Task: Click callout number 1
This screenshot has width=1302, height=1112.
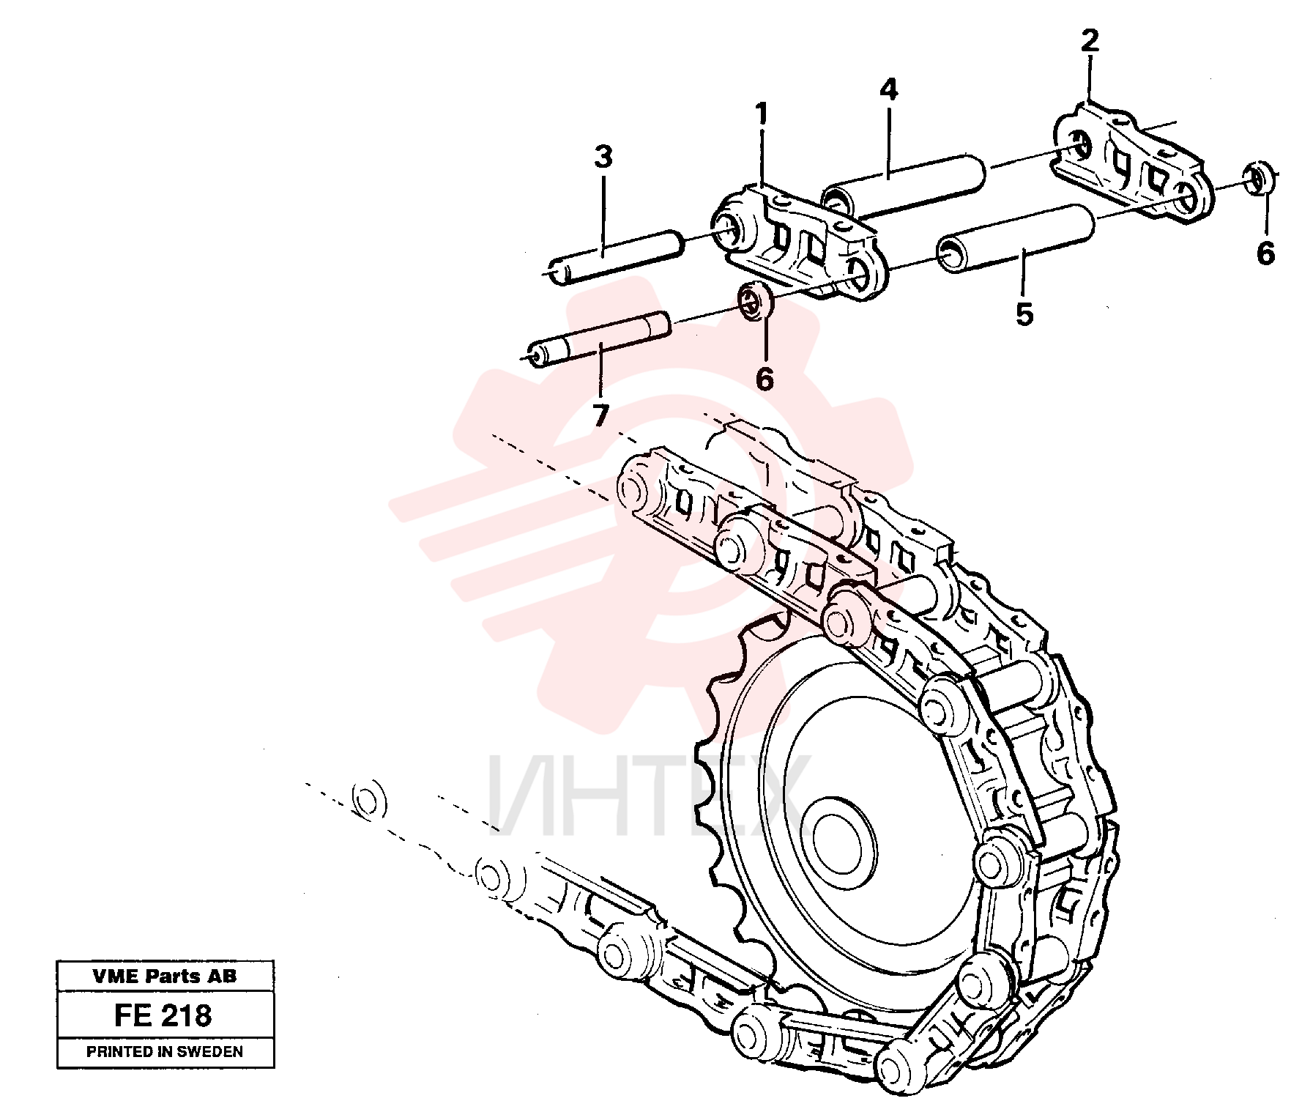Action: [762, 115]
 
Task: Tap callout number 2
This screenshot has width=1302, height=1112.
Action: [1090, 40]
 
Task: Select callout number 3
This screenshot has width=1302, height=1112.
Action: [603, 157]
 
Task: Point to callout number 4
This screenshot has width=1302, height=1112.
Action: [888, 89]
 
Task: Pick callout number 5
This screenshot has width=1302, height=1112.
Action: [1024, 314]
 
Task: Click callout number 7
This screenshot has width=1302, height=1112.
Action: [600, 416]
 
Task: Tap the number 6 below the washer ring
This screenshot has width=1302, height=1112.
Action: [765, 379]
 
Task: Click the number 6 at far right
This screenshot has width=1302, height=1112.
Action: [1265, 253]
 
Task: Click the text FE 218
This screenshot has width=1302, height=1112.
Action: [163, 1015]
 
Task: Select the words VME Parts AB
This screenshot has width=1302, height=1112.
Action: [165, 976]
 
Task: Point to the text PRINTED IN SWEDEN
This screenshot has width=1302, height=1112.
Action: [165, 1052]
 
